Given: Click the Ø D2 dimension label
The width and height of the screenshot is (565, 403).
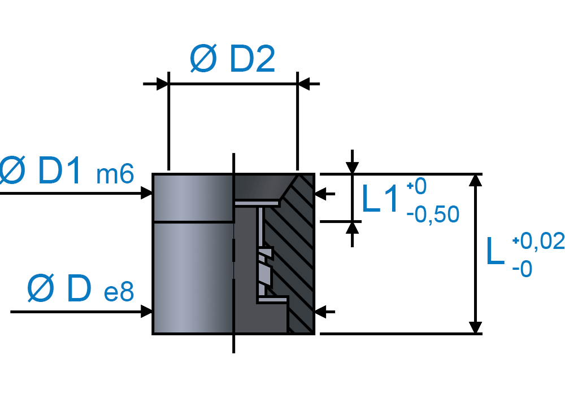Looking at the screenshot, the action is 232,59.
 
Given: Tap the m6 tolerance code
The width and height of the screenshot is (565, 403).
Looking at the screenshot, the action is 115,174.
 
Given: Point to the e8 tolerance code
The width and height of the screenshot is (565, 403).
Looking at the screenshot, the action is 119,292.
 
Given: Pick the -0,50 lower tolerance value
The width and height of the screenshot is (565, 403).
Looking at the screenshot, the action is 433,214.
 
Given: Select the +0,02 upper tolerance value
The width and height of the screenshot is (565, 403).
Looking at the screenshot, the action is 538,240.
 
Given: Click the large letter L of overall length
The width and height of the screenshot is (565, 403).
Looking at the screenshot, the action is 495,251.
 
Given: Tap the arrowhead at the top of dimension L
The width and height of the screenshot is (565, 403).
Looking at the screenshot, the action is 476,180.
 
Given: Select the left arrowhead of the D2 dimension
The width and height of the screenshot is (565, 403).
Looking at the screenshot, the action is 163,84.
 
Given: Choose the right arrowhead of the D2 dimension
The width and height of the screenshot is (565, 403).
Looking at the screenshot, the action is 303,84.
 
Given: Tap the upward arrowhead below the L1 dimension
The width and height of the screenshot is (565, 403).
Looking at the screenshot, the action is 352,228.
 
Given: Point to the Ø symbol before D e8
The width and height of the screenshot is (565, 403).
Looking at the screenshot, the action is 41,288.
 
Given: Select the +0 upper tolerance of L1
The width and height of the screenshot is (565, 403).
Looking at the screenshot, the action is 416,186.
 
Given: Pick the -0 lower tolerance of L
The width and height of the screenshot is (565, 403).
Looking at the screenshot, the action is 522,269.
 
